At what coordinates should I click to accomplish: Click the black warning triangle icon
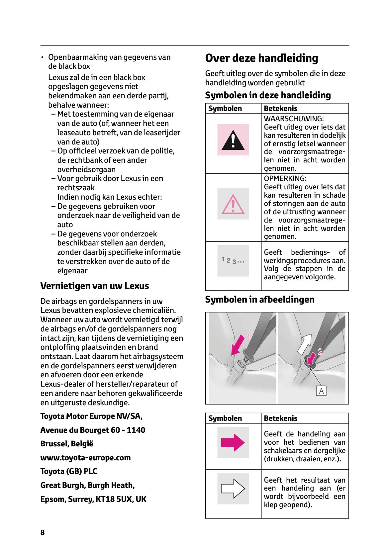[233, 140]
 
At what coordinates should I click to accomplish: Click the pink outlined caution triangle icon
[233, 204]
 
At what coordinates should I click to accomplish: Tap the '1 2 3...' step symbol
[233, 261]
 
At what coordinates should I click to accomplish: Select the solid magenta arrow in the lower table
[233, 443]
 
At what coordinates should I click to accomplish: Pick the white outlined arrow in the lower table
[233, 489]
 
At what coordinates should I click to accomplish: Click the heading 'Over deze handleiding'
[261, 58]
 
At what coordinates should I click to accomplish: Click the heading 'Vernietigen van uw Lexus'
[94, 286]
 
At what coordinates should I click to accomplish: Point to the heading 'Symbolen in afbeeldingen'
[259, 300]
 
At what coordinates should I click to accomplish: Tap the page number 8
[43, 532]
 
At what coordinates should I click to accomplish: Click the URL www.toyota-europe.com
[85, 458]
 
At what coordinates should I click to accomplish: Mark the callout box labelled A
[321, 391]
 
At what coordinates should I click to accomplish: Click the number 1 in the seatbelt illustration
[248, 337]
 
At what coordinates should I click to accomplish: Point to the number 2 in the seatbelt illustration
[320, 352]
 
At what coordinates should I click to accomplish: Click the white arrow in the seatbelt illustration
[304, 345]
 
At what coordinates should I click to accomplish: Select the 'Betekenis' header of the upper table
[280, 109]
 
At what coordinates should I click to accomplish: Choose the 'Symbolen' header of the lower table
[225, 418]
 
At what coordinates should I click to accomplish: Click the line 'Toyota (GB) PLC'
[69, 472]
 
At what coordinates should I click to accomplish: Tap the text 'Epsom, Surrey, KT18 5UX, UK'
[93, 499]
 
